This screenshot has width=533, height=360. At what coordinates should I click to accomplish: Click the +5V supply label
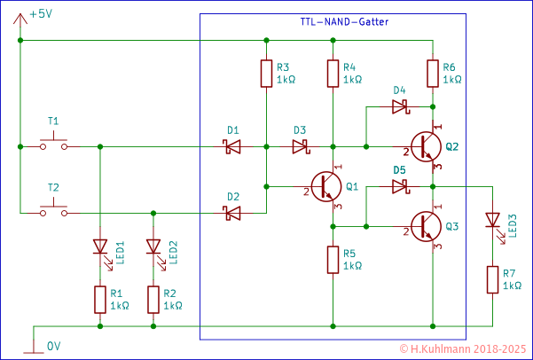click(x=41, y=15)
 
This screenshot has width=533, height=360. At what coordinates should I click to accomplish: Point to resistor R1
click(x=99, y=300)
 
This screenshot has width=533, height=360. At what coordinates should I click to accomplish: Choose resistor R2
click(x=154, y=300)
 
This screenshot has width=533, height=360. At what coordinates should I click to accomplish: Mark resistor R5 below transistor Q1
click(x=332, y=260)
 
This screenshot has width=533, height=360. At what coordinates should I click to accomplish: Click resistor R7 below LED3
click(x=492, y=279)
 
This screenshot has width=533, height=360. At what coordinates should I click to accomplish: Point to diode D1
click(x=232, y=146)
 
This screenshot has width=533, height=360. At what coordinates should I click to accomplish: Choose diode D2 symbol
click(x=232, y=213)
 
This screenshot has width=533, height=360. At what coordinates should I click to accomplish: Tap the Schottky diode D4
click(x=399, y=106)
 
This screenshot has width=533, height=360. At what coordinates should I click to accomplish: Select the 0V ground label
click(x=53, y=345)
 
